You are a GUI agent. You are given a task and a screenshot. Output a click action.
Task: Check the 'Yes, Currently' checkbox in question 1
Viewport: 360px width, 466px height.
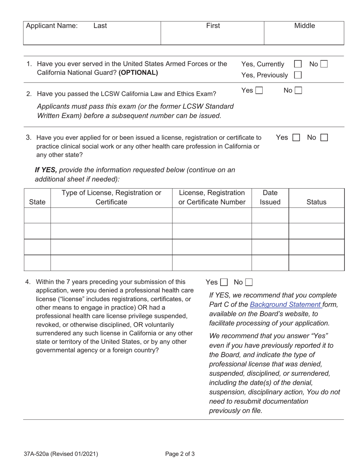click(298, 64)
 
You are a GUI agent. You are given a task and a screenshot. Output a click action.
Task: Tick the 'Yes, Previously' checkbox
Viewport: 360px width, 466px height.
click(298, 75)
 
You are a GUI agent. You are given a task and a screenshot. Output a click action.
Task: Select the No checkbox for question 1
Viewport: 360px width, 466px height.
click(324, 64)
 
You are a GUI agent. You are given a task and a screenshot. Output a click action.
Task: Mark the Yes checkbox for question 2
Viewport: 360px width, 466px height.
click(259, 91)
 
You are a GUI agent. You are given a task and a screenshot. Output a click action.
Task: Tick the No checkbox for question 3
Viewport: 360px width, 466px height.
click(324, 138)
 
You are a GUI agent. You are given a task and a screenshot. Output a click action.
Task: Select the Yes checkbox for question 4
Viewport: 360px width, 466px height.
click(224, 282)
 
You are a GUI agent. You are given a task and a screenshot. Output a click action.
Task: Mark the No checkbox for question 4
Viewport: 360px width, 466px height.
click(249, 282)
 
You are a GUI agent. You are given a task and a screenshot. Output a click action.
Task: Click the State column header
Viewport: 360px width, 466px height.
click(37, 202)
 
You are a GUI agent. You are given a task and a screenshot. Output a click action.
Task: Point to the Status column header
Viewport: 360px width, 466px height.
click(316, 202)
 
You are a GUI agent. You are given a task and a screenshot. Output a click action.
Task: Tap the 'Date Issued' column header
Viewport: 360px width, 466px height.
click(270, 197)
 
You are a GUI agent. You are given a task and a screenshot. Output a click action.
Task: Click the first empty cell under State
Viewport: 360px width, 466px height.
click(37, 215)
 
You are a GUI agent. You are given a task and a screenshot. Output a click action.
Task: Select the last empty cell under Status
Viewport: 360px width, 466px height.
click(316, 263)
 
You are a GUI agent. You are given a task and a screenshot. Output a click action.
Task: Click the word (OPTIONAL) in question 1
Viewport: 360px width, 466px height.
click(138, 73)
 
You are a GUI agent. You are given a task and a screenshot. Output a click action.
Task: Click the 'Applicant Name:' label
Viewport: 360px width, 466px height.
click(52, 26)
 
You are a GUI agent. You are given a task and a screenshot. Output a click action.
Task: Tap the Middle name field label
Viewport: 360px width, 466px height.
click(305, 26)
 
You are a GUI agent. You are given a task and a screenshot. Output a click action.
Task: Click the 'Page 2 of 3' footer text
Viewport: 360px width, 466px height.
click(180, 454)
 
